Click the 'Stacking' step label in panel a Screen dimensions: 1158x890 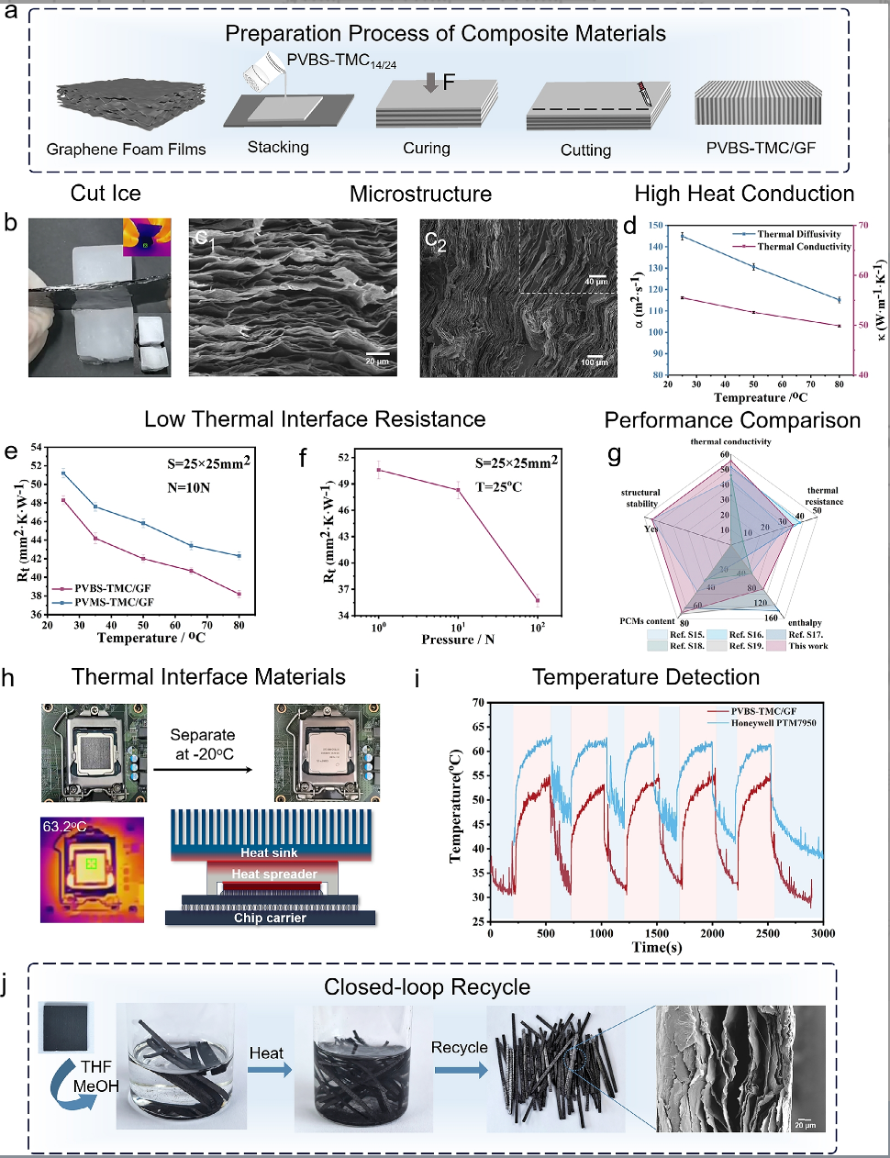click(278, 147)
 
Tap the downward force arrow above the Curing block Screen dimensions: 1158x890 click(431, 84)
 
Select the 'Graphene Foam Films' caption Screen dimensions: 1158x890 click(126, 149)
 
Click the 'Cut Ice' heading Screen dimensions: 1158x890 click(106, 194)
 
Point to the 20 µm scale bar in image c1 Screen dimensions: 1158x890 click(377, 355)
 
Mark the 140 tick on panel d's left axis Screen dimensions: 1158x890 click(657, 246)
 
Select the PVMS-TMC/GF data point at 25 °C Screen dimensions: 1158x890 click(63, 473)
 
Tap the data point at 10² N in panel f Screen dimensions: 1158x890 click(538, 601)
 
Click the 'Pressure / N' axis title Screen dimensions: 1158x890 click(458, 639)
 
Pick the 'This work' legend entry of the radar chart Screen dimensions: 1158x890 click(807, 646)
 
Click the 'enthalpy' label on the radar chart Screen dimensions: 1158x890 click(805, 623)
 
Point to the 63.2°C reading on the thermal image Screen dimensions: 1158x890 click(64, 827)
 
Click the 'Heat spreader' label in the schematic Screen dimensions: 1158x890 click(274, 874)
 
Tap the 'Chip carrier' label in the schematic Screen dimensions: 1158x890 click(270, 918)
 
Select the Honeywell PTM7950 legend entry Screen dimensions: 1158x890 click(773, 723)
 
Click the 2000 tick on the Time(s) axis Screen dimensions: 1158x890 click(712, 933)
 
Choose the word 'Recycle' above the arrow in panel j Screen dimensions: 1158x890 click(460, 1047)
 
